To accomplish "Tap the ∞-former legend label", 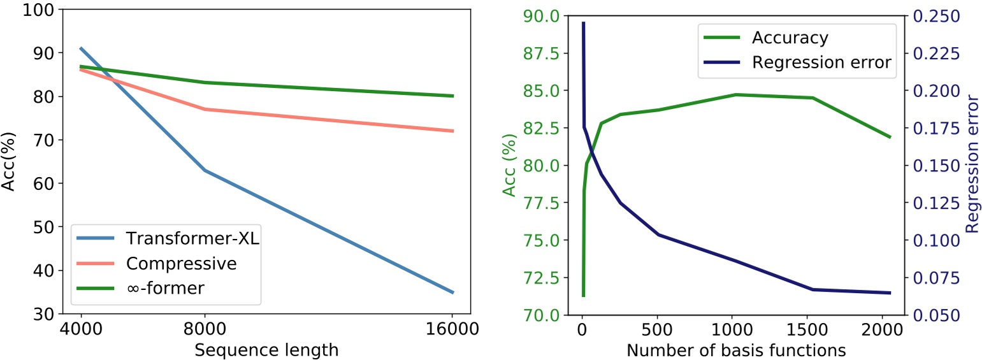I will [165, 287].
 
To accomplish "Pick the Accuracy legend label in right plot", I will [790, 38].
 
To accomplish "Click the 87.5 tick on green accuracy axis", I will [540, 53].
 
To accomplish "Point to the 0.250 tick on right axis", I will [935, 16].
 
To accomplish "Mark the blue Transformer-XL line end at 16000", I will [452, 292].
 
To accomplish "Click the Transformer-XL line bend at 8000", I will [204, 170].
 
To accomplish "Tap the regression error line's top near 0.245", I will [583, 23].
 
